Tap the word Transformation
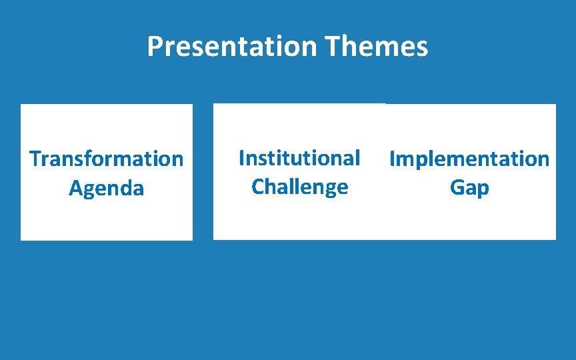[x=106, y=159]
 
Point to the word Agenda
[x=106, y=188]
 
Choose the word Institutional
[x=299, y=158]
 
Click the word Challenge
[x=299, y=187]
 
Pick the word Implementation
[x=469, y=159]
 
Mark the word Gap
[x=469, y=188]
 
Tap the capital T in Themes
[x=332, y=47]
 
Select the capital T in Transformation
[x=35, y=159]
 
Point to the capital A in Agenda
[x=75, y=188]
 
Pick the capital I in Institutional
[x=241, y=158]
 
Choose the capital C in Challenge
[x=258, y=187]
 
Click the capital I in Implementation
[x=392, y=159]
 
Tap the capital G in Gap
[x=457, y=188]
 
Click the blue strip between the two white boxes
[x=203, y=172]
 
